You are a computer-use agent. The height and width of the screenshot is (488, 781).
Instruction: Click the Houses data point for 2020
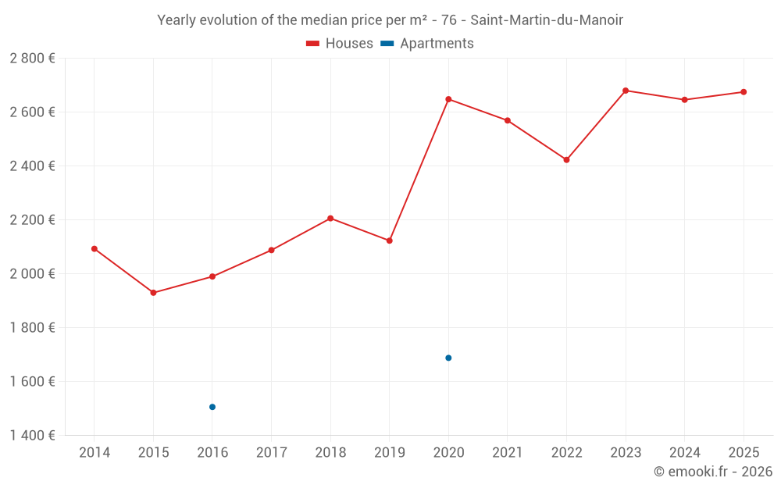448,99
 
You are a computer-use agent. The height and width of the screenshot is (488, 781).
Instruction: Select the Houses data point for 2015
153,293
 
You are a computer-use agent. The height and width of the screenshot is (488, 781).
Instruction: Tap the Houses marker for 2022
566,160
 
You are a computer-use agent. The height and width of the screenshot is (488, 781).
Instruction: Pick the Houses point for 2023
626,91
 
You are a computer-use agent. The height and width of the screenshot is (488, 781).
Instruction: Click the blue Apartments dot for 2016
212,407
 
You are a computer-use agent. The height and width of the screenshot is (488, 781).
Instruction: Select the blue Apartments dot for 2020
448,358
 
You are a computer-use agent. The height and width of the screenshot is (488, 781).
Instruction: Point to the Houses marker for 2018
330,219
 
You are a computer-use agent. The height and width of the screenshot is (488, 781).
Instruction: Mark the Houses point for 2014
95,249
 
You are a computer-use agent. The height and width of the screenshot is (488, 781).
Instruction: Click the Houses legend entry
340,44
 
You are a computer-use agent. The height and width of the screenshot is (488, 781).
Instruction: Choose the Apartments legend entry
428,44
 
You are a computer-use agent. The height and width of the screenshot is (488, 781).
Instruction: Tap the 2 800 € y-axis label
32,58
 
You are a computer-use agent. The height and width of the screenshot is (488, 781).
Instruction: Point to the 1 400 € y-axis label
32,435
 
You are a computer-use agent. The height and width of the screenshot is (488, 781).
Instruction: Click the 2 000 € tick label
32,273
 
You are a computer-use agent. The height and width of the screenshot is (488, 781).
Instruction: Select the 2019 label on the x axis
389,453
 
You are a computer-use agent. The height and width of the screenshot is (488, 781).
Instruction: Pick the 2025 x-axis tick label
744,453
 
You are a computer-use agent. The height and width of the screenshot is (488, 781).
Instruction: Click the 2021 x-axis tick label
508,453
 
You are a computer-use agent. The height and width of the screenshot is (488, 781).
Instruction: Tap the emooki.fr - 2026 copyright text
713,472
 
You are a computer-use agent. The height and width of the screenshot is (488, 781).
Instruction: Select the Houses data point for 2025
744,92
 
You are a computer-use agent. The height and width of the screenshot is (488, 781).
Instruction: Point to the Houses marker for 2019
389,240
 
